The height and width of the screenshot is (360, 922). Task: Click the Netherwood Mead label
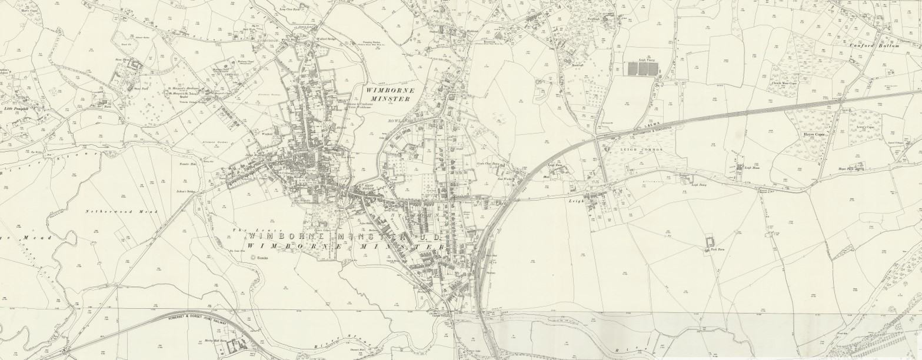tap(115, 211)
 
